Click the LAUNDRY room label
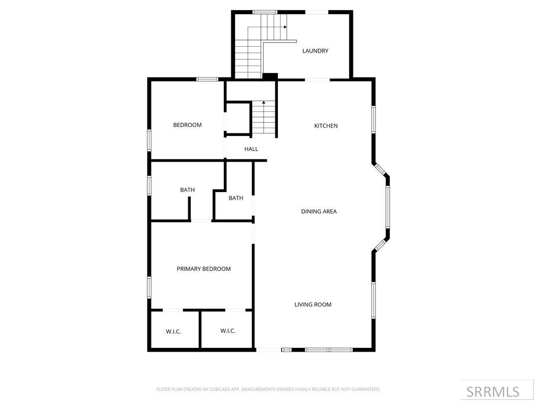315,51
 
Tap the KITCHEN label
326,126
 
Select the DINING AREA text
319,211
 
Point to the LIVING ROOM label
313,304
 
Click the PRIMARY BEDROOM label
203,269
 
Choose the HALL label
251,149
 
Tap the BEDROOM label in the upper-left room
187,125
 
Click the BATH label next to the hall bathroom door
235,198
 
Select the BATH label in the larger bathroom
187,190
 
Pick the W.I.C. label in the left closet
173,332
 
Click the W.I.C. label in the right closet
228,331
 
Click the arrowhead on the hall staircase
263,102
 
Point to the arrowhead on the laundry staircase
285,27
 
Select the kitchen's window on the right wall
373,119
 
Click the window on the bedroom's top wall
207,79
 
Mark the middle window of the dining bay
388,207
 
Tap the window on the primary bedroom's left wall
149,287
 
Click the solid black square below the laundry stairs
270,77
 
